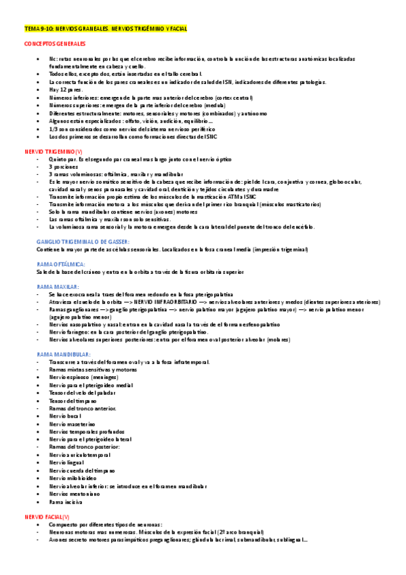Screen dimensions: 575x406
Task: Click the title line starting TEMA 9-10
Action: pos(105,29)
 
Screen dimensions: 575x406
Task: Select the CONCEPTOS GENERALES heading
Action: pos(55,43)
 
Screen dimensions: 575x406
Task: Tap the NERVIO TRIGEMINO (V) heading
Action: pos(54,153)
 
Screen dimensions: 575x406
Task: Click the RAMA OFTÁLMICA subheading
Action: pos(60,264)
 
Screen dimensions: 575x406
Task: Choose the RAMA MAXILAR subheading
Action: pos(58,286)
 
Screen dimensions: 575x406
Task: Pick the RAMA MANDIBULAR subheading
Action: pos(64,354)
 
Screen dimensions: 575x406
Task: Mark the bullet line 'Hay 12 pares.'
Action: pos(66,90)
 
